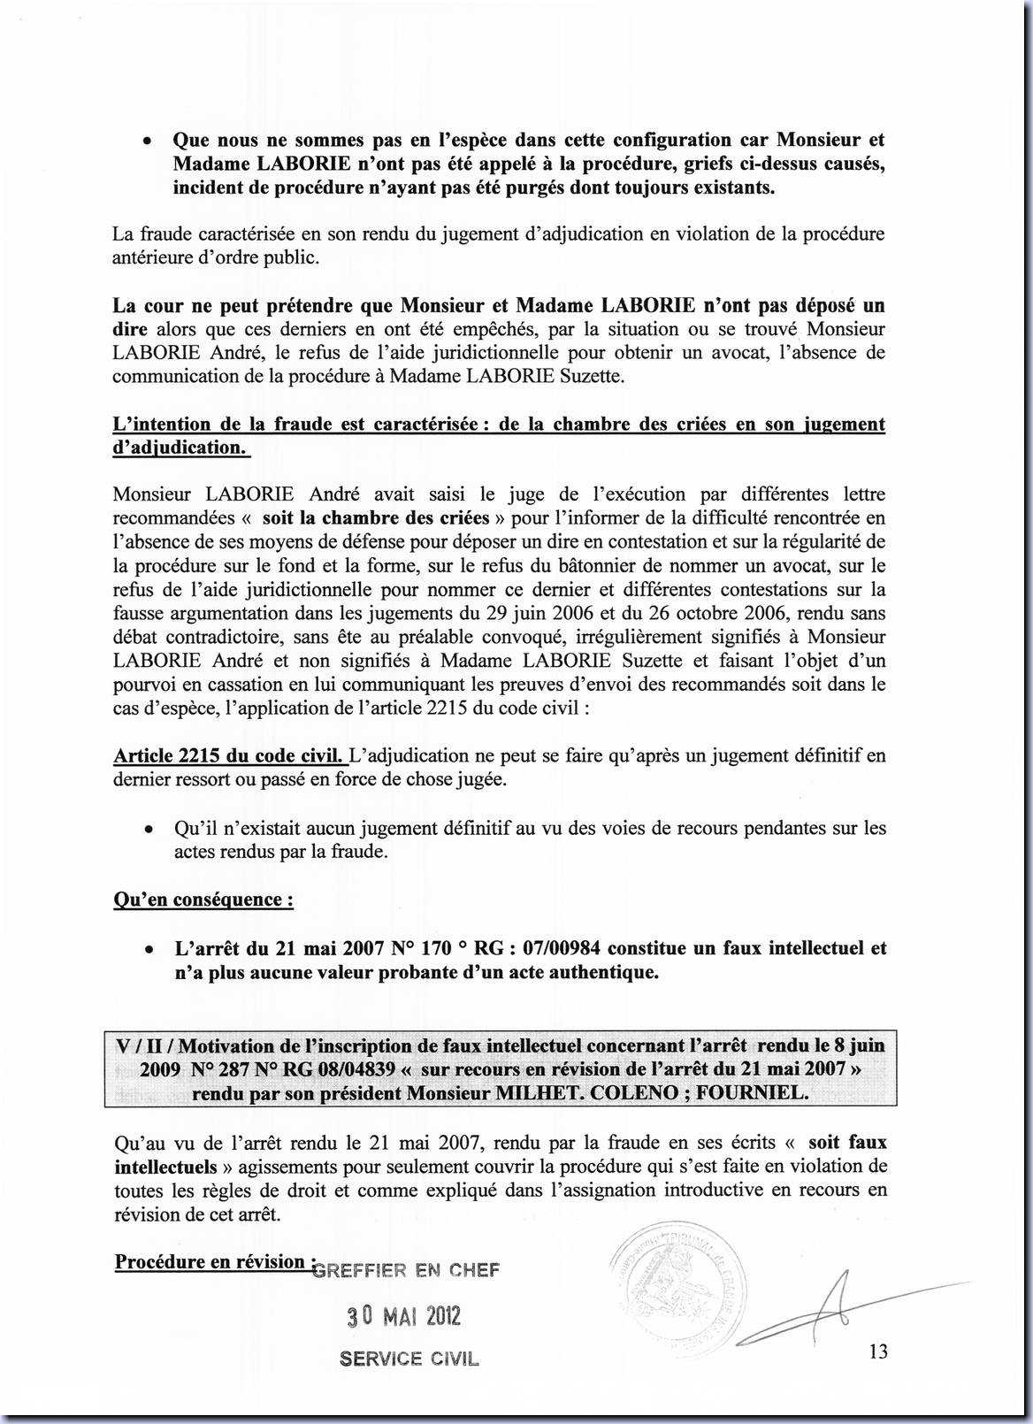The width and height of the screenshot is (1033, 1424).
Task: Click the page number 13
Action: [x=878, y=1351]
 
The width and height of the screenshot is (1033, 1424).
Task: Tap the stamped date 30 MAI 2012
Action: [x=403, y=1316]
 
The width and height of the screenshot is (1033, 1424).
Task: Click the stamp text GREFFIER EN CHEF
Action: [x=406, y=1270]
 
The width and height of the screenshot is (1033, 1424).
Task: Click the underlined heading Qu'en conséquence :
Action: [x=203, y=900]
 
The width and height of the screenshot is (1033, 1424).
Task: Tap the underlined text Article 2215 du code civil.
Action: [x=230, y=756]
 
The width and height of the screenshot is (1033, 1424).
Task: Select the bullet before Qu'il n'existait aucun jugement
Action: [x=150, y=830]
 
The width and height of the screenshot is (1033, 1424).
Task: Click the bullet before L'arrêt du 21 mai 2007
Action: [x=150, y=950]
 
